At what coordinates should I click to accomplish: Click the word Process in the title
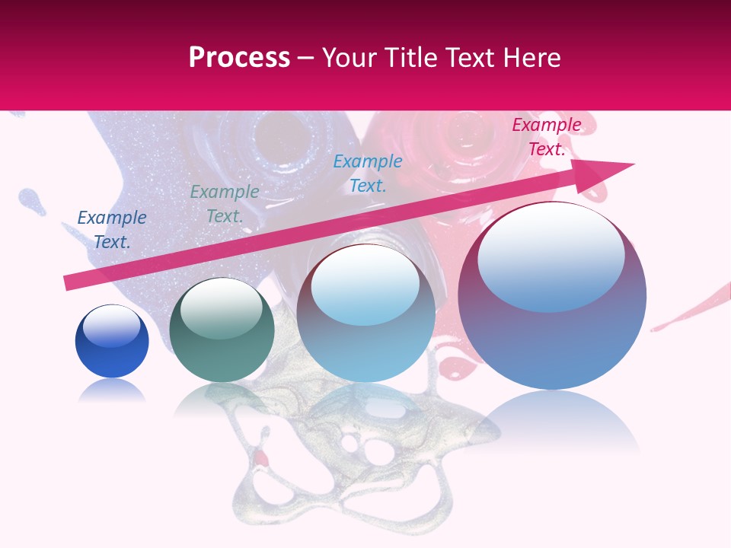[239, 58]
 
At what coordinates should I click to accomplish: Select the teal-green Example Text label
[225, 204]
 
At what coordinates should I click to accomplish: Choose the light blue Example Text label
[368, 173]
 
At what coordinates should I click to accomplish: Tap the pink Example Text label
[546, 137]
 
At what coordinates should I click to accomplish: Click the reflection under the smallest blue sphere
[112, 391]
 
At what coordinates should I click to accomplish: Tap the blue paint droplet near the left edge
[30, 199]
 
